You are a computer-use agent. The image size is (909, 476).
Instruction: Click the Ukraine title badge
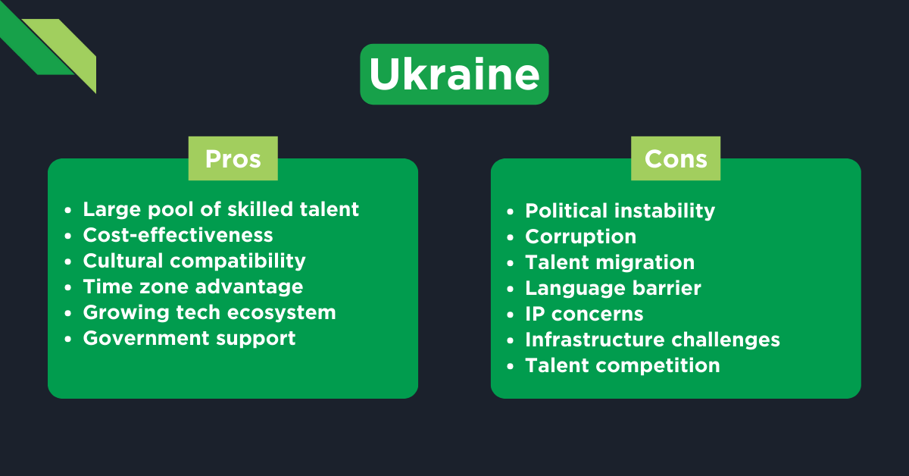(454, 74)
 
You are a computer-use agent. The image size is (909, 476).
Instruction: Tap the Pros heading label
(233, 158)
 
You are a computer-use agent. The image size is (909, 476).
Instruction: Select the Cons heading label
(676, 158)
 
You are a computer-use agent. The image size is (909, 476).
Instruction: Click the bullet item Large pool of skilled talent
(220, 209)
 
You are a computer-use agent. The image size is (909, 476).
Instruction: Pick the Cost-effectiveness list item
(178, 235)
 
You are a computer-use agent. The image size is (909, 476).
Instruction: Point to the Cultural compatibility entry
(194, 261)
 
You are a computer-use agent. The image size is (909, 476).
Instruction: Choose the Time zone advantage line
(192, 287)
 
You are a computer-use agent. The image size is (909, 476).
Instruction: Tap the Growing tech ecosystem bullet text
(209, 312)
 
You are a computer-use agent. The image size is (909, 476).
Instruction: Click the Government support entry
(189, 338)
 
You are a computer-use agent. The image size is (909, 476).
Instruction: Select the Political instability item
(620, 211)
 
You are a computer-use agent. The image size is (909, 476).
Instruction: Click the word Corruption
(580, 236)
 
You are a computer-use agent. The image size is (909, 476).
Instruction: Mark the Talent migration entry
(610, 262)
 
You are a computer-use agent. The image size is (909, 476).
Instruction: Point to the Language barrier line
(613, 288)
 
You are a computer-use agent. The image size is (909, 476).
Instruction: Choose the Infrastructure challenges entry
(652, 340)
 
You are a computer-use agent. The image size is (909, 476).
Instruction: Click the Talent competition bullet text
(622, 365)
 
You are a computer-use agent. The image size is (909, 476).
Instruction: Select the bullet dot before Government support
(69, 339)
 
